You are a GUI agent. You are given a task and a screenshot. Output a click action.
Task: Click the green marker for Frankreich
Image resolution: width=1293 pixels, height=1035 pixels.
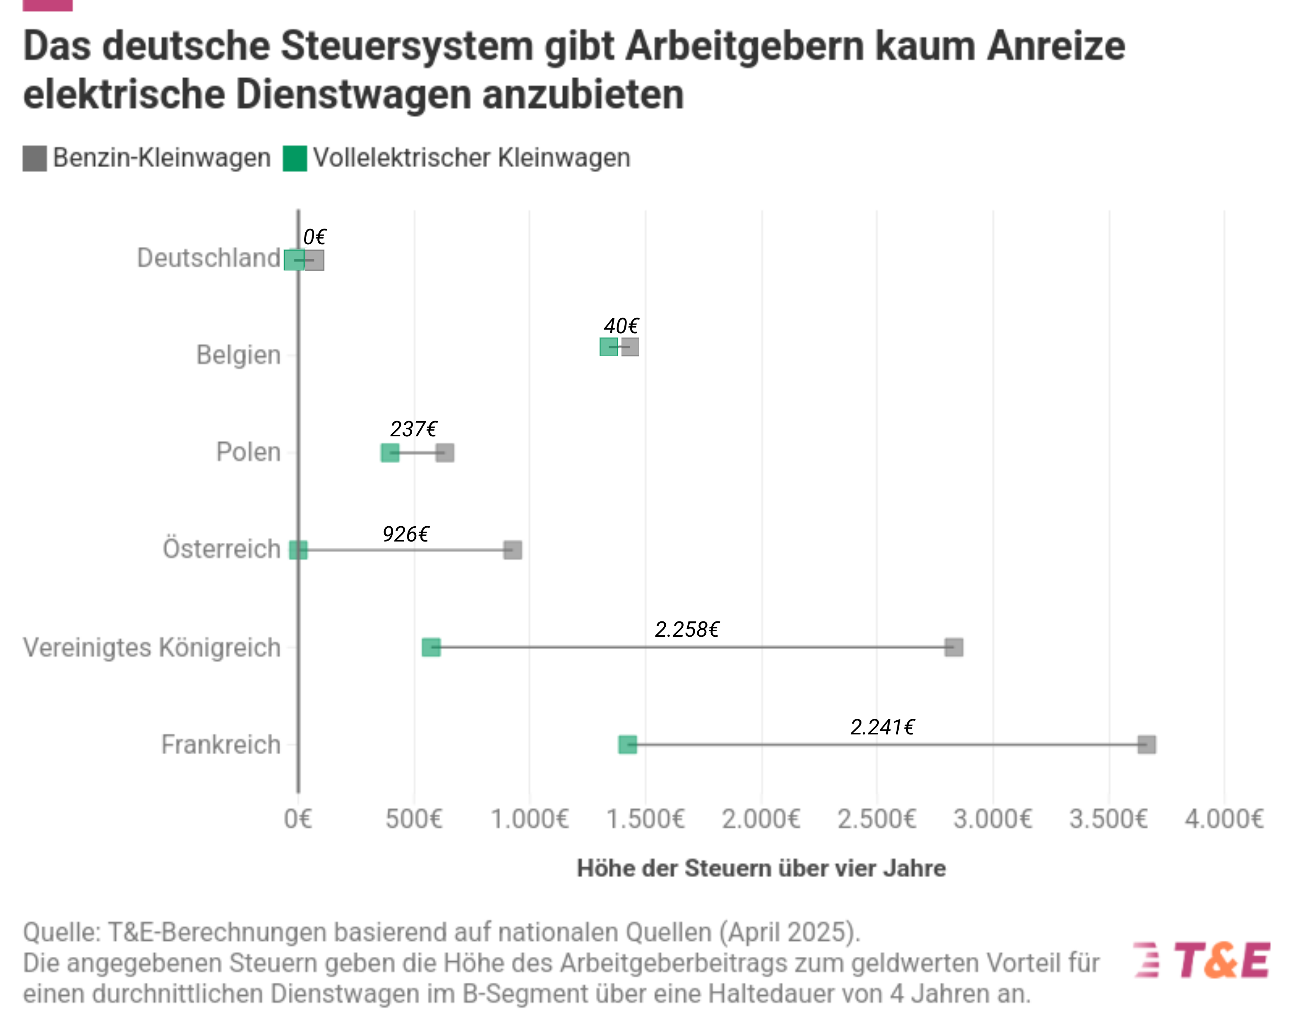click(x=627, y=745)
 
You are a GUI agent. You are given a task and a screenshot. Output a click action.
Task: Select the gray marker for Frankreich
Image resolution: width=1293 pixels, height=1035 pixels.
click(x=1147, y=745)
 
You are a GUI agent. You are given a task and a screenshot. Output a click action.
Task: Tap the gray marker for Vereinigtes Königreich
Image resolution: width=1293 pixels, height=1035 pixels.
click(x=954, y=647)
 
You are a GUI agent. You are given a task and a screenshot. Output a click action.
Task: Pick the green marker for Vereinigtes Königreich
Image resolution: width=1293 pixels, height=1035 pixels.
click(x=431, y=647)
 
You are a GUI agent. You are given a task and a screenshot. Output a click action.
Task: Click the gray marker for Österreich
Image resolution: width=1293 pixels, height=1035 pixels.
click(x=513, y=550)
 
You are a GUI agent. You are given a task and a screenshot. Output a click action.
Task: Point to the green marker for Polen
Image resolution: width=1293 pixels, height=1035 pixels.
click(x=390, y=453)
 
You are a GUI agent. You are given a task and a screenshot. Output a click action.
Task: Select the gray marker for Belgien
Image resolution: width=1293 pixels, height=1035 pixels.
click(x=630, y=347)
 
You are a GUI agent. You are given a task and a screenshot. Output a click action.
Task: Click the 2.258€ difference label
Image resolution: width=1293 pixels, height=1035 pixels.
click(x=687, y=629)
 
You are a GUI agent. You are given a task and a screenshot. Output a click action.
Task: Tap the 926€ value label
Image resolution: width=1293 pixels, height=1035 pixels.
click(x=405, y=534)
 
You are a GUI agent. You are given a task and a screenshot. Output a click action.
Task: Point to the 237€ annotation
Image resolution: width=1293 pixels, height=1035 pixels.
click(x=413, y=429)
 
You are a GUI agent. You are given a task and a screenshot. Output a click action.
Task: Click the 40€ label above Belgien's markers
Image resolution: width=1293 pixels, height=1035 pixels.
click(x=621, y=326)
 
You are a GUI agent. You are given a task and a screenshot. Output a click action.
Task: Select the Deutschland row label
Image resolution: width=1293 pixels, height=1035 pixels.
click(x=209, y=258)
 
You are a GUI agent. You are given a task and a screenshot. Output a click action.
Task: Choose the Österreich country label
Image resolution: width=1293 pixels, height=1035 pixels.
click(x=221, y=549)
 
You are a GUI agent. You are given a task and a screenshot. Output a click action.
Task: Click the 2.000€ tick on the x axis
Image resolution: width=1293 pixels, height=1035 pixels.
click(x=760, y=819)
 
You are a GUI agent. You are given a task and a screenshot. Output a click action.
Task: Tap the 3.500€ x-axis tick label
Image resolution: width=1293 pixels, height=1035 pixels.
click(x=1108, y=819)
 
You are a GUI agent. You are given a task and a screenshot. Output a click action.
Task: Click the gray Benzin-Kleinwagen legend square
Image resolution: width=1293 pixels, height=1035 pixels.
click(x=35, y=159)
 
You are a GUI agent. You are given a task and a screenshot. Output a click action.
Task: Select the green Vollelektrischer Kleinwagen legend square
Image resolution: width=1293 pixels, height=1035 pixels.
click(x=295, y=159)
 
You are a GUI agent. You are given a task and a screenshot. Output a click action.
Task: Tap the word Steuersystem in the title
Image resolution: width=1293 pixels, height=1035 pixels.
click(x=407, y=46)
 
